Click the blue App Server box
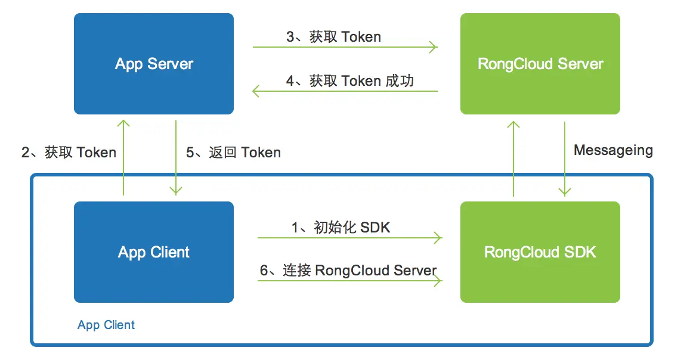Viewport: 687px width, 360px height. [x=154, y=64]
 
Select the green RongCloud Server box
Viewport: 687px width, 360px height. [x=540, y=64]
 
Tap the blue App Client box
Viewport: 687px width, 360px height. [x=154, y=252]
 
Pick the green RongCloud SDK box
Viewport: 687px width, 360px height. [x=540, y=252]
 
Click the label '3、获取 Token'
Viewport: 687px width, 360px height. [x=333, y=37]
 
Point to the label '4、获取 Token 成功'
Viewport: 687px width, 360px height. [x=349, y=81]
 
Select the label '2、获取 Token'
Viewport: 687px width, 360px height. [x=69, y=153]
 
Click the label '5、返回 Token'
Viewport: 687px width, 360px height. [x=233, y=153]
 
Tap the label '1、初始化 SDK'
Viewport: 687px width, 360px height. [x=341, y=227]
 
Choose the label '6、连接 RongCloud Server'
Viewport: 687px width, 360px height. [x=348, y=270]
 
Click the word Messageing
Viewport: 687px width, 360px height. [x=613, y=150]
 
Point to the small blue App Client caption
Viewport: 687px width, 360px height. [x=106, y=325]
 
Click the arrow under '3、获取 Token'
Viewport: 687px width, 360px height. [x=345, y=47]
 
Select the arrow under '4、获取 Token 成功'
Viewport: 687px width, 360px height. [x=345, y=91]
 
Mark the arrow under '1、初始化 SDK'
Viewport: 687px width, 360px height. [x=349, y=238]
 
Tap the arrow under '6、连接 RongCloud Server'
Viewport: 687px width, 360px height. [x=349, y=281]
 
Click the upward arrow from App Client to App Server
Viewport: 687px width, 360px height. [x=123, y=157]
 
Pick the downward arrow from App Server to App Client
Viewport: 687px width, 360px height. [x=176, y=157]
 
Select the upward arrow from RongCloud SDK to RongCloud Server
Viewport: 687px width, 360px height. [x=513, y=157]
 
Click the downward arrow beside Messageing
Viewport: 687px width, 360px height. [x=565, y=157]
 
